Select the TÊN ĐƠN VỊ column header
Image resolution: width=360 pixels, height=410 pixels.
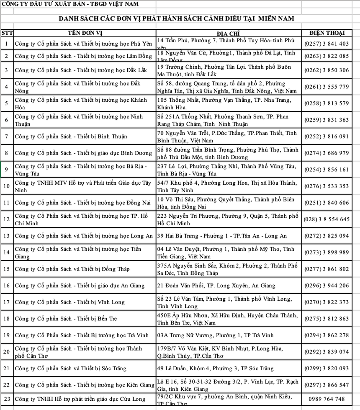click(85, 33)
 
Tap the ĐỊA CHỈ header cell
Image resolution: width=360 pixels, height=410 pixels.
click(228, 33)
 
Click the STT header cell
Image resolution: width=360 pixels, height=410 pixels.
click(7, 33)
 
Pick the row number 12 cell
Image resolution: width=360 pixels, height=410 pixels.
click(7, 219)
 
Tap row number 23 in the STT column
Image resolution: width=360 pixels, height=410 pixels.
click(7, 399)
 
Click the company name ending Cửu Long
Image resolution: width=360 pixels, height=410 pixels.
click(80, 399)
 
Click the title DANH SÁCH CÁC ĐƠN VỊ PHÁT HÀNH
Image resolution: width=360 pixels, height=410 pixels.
click(176, 19)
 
